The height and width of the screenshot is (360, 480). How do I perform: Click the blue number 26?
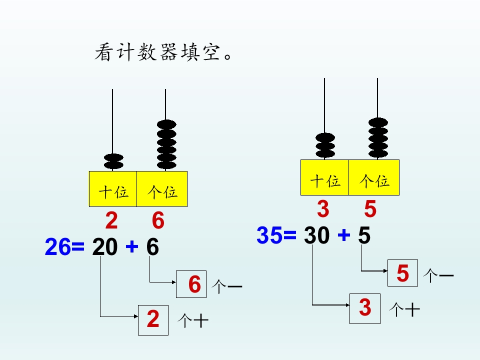click(57, 246)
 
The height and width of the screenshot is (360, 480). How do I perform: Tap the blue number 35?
click(269, 235)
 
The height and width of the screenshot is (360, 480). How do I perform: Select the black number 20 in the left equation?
click(104, 246)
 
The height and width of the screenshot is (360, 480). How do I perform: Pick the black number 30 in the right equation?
click(316, 235)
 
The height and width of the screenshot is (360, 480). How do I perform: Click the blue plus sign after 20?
click(132, 246)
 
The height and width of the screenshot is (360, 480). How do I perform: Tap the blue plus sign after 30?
click(344, 235)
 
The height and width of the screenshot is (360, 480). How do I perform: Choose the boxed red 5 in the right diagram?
click(402, 273)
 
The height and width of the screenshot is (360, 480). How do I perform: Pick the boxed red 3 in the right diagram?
click(365, 308)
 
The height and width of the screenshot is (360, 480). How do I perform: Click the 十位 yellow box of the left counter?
click(113, 189)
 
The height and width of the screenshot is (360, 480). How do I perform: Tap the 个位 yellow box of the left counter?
click(162, 189)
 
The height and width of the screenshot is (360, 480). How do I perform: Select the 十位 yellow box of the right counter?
click(325, 177)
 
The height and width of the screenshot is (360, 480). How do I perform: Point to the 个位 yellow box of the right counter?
click(374, 177)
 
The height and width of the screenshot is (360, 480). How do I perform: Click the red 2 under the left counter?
click(111, 220)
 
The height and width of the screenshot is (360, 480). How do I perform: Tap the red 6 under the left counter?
click(158, 220)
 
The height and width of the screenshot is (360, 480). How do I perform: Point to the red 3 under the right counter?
click(323, 209)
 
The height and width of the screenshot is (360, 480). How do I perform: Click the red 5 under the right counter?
click(370, 209)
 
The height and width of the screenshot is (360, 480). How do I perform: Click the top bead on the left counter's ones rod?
click(166, 124)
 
